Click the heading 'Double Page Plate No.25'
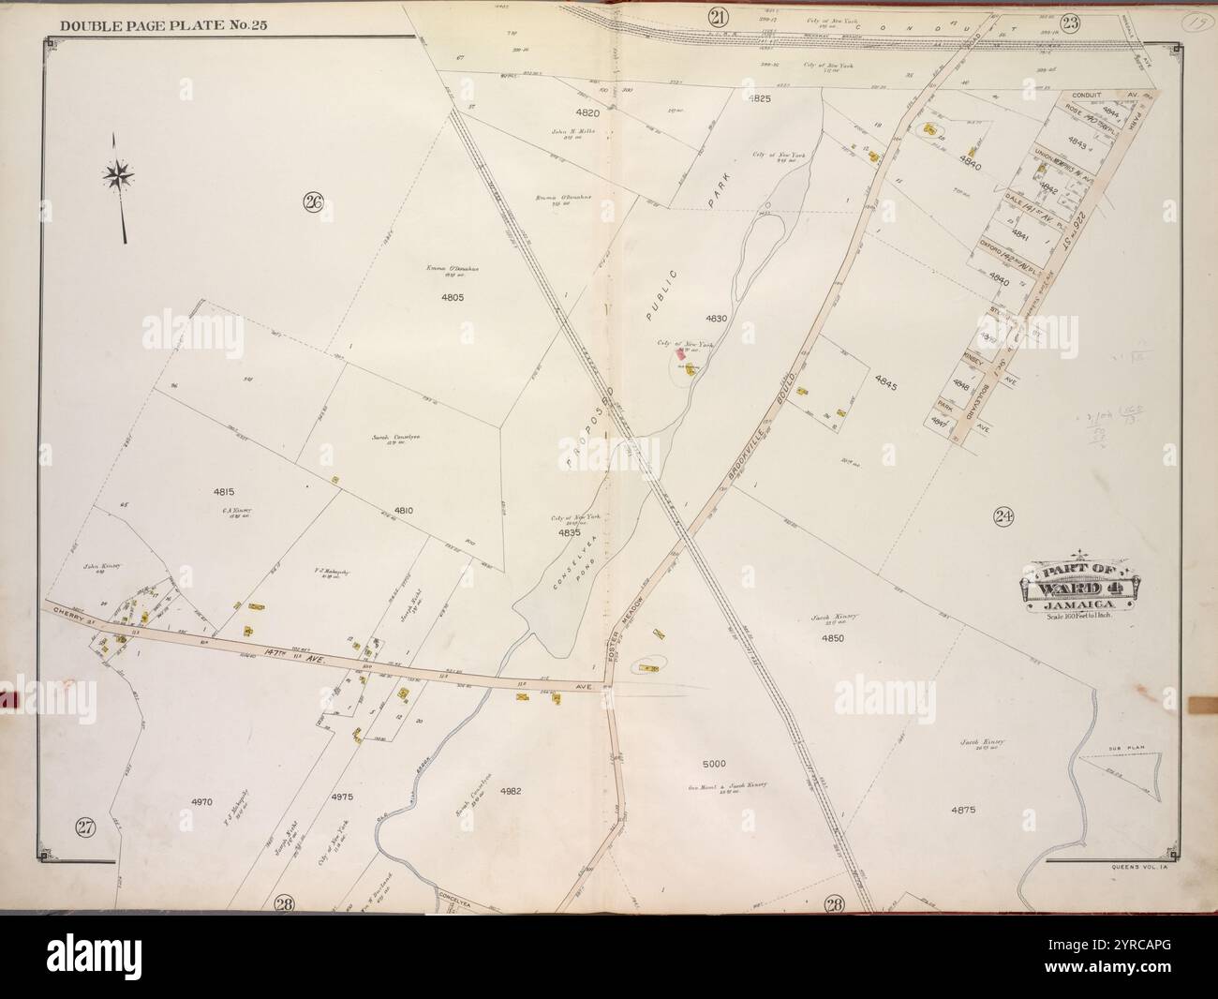(x=164, y=24)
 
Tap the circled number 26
(x=313, y=201)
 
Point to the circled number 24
(x=1004, y=514)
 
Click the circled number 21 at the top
(x=718, y=16)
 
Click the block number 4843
(x=1077, y=146)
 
